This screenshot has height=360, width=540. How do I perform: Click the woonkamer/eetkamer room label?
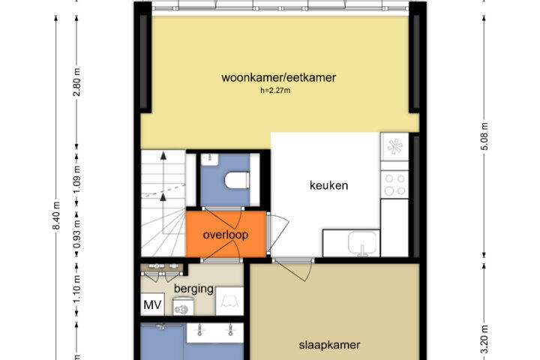tap(277, 78)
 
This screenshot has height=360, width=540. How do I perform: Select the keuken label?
tap(328, 185)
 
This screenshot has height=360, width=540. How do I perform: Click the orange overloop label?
tap(225, 235)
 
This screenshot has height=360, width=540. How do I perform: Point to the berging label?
tap(194, 289)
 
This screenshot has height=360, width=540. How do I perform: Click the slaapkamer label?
tap(329, 346)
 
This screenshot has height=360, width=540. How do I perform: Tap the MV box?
tap(152, 305)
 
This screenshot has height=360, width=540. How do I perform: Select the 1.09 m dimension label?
tap(76, 180)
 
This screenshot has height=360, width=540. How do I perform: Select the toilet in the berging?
tap(181, 306)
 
